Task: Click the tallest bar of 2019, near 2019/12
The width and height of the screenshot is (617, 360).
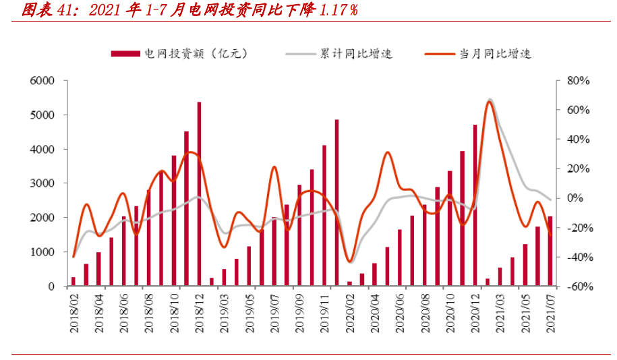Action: (336, 203)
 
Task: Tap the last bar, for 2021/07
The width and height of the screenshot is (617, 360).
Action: (550, 251)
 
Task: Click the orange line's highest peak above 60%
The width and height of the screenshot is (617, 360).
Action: (490, 101)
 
